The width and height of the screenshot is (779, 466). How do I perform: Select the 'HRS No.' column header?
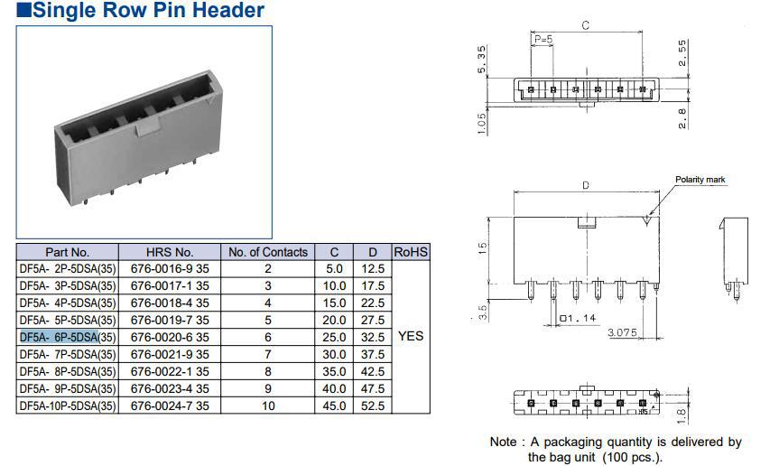pyautogui.click(x=170, y=252)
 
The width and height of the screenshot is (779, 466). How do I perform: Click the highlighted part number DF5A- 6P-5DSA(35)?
pyautogui.click(x=68, y=338)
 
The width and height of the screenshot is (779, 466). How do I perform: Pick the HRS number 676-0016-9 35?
pyautogui.click(x=170, y=269)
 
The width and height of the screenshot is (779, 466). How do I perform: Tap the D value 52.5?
pyautogui.click(x=373, y=405)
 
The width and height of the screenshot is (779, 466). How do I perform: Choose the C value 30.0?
pyautogui.click(x=334, y=354)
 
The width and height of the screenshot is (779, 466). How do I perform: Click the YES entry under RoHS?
pyautogui.click(x=411, y=336)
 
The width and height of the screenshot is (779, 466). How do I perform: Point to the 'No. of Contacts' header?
pyautogui.click(x=268, y=252)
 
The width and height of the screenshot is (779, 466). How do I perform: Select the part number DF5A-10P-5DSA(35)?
pyautogui.click(x=68, y=405)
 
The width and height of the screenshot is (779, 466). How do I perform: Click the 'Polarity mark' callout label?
pyautogui.click(x=700, y=180)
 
